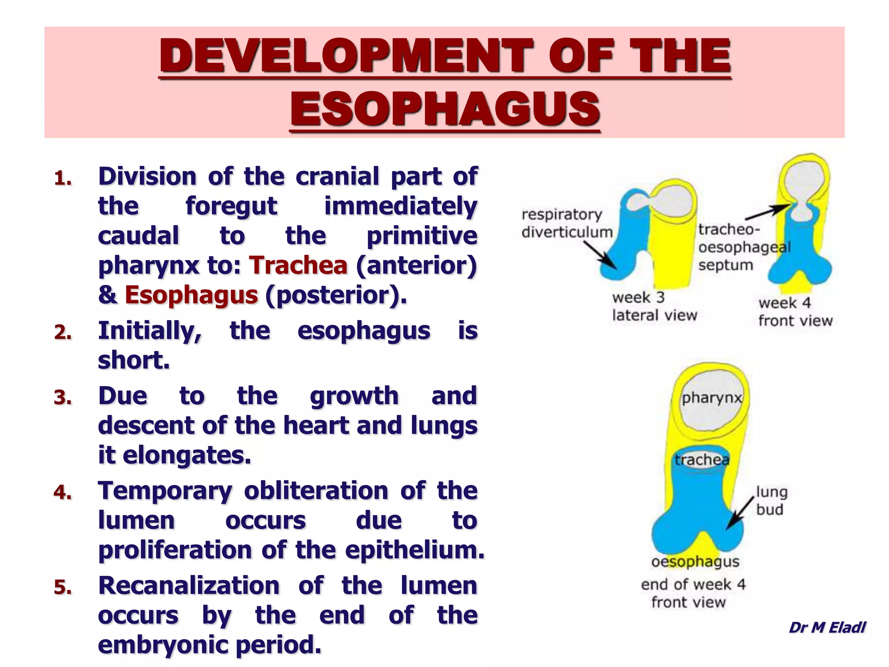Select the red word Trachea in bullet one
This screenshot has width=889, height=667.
tap(298, 265)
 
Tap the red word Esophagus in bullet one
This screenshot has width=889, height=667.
tap(191, 295)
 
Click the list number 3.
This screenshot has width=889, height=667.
tap(63, 397)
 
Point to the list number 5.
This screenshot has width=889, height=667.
tap(63, 587)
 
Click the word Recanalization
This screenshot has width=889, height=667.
tap(189, 585)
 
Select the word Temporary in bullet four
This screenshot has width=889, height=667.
tap(165, 490)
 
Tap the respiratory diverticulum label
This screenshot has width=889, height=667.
tap(566, 223)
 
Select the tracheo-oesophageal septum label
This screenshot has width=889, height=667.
tap(743, 247)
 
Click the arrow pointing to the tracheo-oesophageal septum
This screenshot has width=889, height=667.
tap(767, 213)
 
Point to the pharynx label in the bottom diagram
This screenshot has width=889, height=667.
tap(711, 398)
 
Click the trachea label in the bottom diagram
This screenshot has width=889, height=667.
tap(701, 459)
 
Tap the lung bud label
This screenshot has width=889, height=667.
tap(771, 500)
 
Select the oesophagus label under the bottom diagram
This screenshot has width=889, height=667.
tap(695, 561)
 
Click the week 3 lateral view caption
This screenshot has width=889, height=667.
tap(654, 306)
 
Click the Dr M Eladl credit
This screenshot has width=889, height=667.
tap(826, 627)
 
